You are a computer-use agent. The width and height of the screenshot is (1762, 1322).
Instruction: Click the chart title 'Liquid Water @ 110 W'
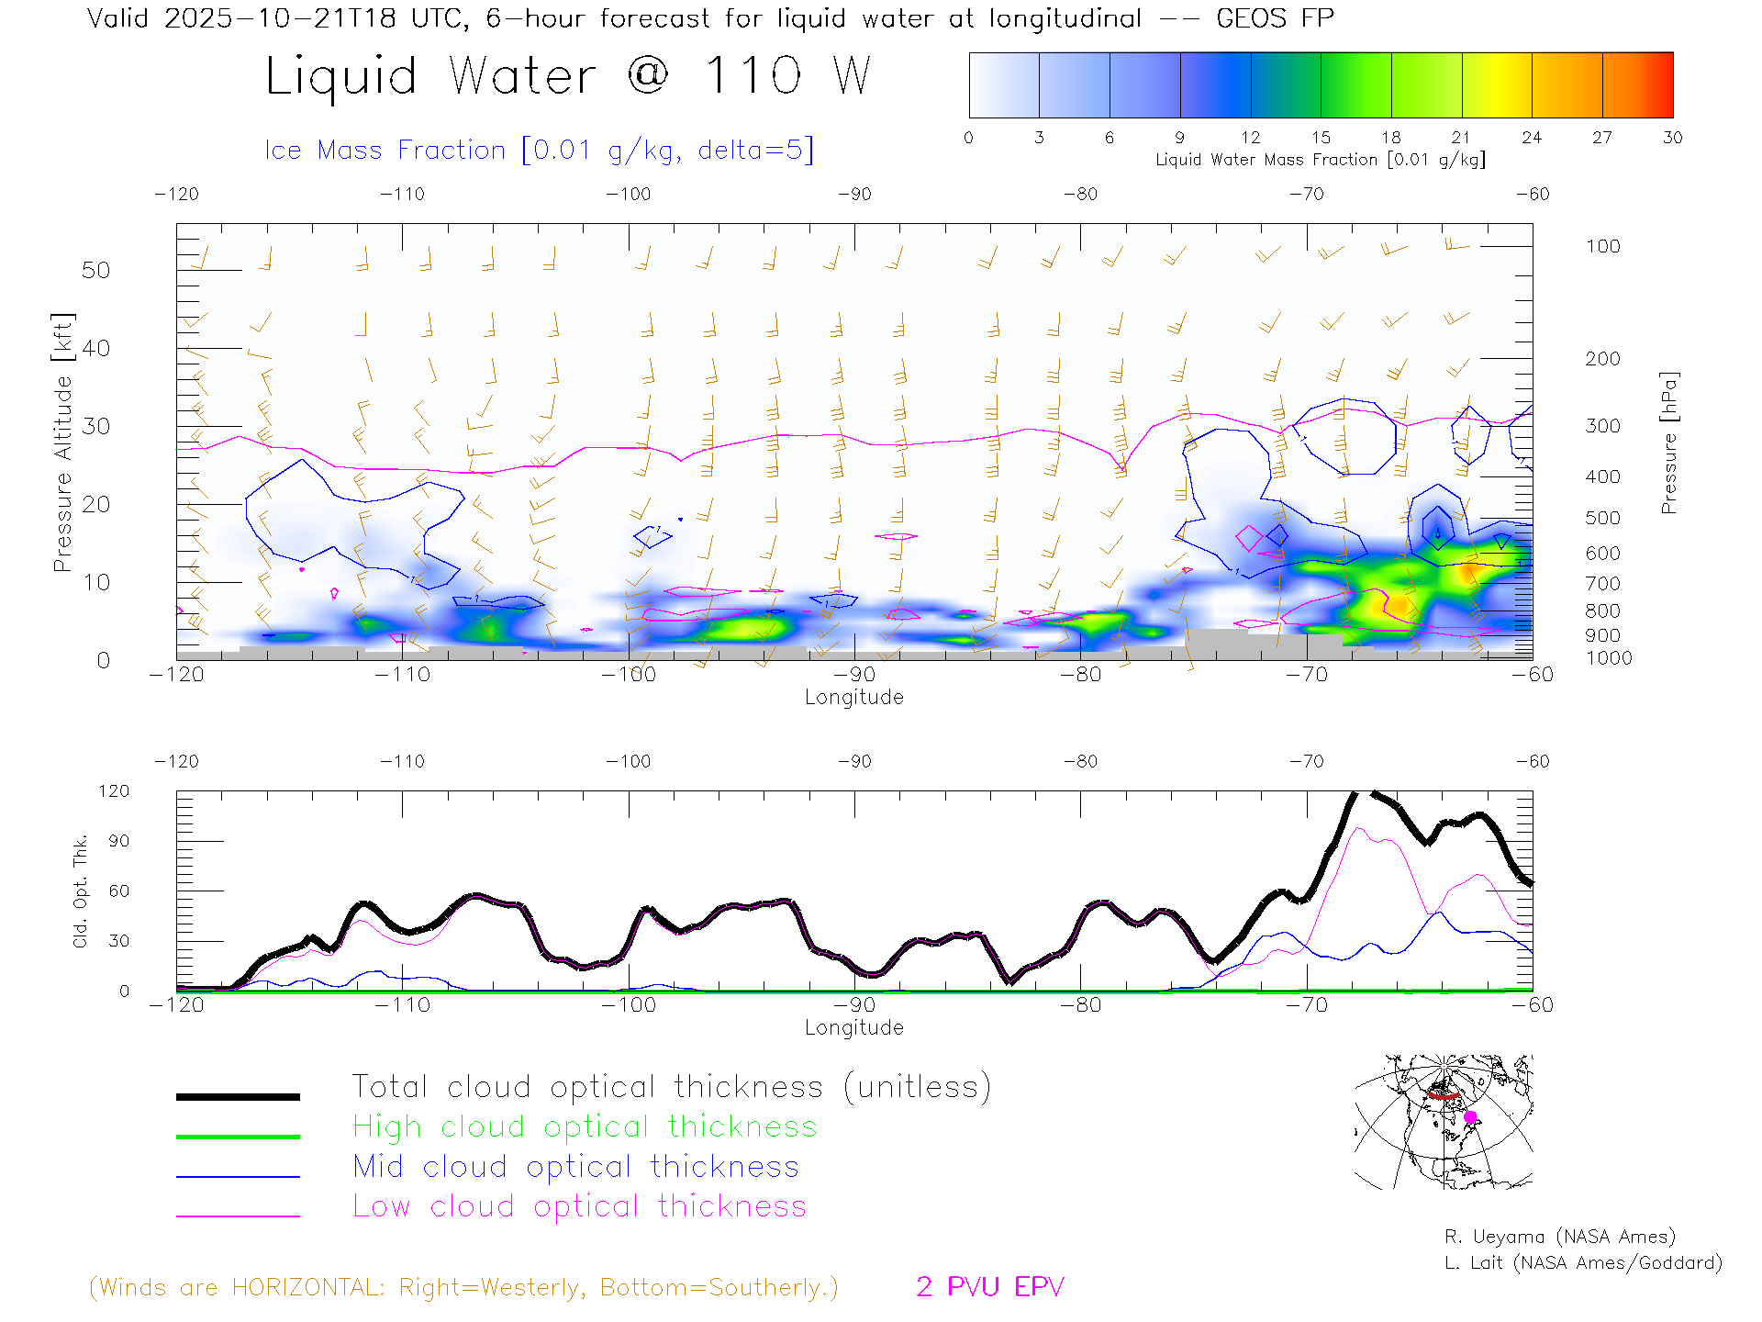(567, 76)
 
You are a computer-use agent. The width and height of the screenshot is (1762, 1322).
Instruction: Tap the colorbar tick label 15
(1321, 138)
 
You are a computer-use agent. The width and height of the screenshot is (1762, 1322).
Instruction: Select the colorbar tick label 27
(1602, 138)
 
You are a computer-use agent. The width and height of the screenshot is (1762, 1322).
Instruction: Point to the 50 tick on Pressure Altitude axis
(95, 270)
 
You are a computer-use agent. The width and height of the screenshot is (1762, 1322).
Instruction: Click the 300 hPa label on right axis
(1602, 426)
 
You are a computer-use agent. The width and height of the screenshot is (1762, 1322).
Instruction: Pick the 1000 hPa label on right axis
(1609, 658)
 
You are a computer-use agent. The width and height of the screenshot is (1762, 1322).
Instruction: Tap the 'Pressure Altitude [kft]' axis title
(62, 443)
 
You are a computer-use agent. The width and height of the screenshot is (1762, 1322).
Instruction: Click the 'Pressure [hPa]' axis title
(1668, 443)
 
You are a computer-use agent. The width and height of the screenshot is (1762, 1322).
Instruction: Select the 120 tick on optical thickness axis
(114, 791)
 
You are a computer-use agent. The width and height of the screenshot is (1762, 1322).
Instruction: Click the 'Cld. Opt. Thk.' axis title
(80, 891)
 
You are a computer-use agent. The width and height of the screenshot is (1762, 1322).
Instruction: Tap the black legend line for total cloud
(238, 1096)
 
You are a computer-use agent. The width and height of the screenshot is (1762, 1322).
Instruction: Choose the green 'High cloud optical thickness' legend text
(585, 1126)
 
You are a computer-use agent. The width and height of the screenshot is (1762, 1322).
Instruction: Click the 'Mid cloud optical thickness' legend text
(575, 1167)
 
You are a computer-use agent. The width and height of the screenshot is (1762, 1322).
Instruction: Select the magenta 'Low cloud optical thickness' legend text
(579, 1206)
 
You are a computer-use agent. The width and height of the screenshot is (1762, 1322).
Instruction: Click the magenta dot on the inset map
(1470, 1117)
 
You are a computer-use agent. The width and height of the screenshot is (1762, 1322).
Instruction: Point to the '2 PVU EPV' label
(989, 1287)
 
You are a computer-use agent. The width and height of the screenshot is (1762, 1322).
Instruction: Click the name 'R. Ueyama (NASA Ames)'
(1559, 1237)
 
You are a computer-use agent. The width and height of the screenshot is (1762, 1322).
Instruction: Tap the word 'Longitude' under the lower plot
(853, 1028)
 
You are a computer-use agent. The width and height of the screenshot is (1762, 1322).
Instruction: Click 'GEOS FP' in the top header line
(1275, 18)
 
